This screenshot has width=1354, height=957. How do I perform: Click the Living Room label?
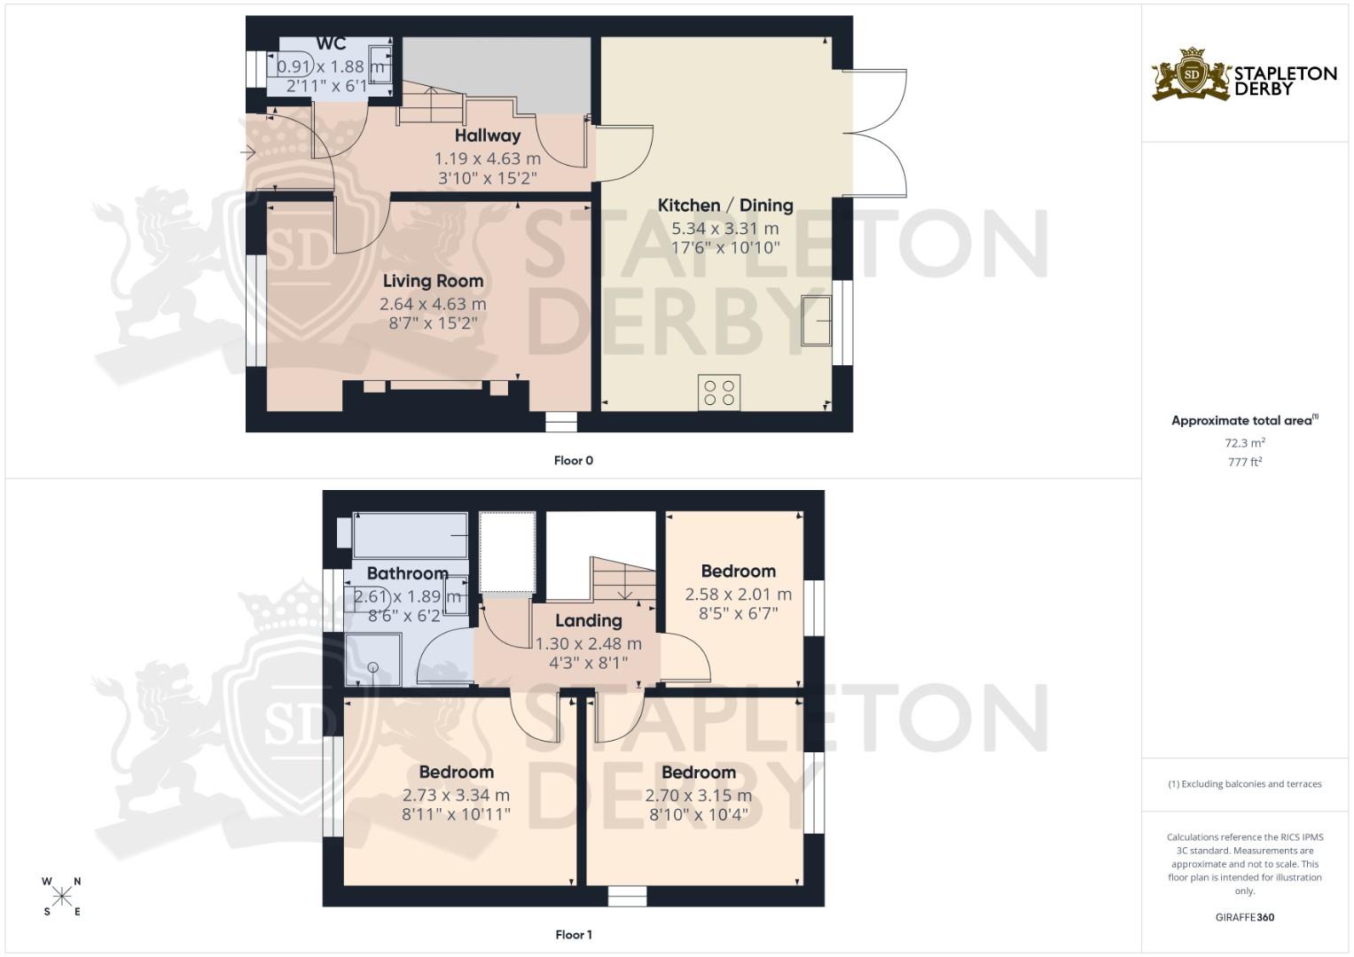point(433,281)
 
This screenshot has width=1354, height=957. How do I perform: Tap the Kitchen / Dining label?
point(724,206)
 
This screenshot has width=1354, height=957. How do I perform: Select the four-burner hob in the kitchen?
point(719,392)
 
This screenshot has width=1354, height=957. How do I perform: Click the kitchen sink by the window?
point(817,320)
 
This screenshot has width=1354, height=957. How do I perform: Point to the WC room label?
point(331,44)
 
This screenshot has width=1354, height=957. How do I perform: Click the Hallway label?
point(487,136)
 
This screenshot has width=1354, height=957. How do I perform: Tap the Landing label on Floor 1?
point(588,620)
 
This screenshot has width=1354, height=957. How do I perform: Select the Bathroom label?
point(407,573)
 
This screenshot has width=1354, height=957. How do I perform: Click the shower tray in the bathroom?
point(372,658)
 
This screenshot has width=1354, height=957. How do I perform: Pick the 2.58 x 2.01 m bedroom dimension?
point(738,595)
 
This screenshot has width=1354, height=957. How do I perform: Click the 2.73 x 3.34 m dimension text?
point(456,795)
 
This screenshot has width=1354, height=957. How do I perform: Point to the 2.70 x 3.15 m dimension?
point(698,795)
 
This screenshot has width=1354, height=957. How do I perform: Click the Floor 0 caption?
point(573,460)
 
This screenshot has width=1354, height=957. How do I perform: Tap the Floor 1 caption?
point(573,934)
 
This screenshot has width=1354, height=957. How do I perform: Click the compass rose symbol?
point(62,896)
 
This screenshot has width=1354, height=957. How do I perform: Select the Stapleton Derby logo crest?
point(1191,74)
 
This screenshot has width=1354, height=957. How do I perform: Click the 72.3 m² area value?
point(1244,442)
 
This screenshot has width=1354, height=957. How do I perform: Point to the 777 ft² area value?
point(1244,462)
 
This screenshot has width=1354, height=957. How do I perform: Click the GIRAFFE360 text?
point(1244,917)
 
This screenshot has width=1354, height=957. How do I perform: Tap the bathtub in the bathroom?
point(411,535)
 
